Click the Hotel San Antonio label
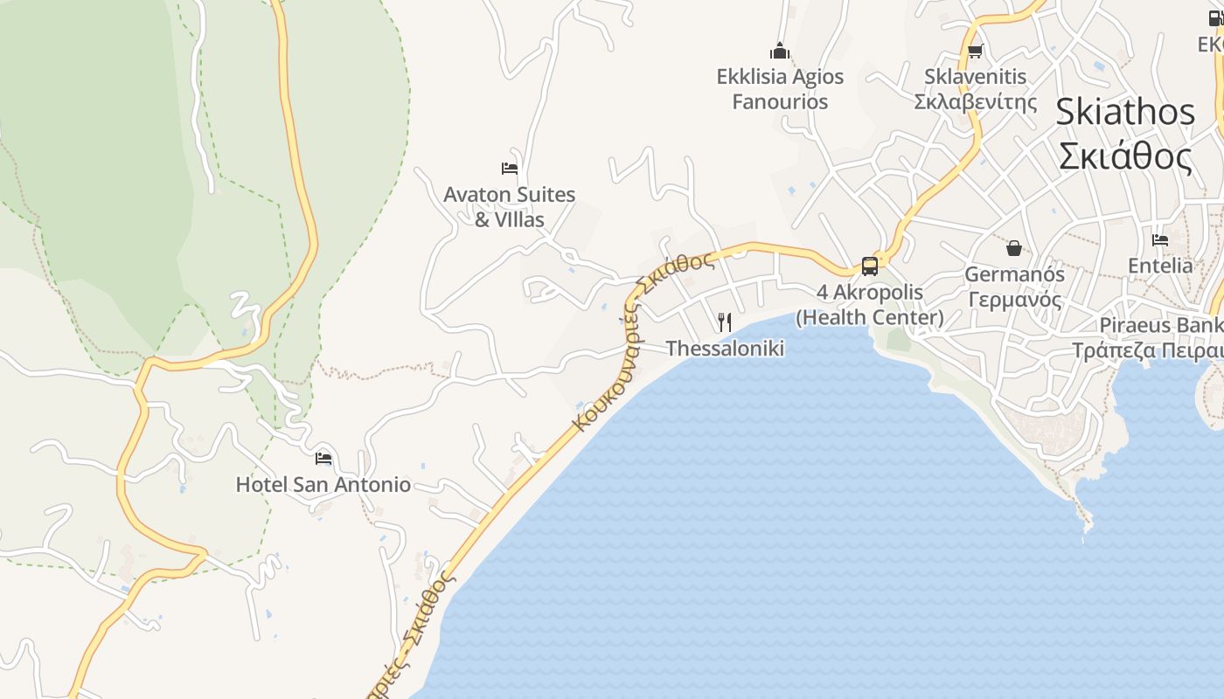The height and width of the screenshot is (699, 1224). pyautogui.click(x=323, y=484)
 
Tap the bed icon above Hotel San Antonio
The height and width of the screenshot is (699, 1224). pyautogui.click(x=323, y=458)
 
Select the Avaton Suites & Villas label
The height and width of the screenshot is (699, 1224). pyautogui.click(x=509, y=207)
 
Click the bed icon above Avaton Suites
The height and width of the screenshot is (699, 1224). pyautogui.click(x=510, y=168)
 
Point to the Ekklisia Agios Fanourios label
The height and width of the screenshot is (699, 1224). pyautogui.click(x=780, y=89)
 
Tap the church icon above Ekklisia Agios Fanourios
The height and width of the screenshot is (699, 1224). pyautogui.click(x=780, y=51)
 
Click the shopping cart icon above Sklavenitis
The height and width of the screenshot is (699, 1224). pyautogui.click(x=976, y=51)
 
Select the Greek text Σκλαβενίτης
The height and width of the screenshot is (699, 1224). pyautogui.click(x=976, y=102)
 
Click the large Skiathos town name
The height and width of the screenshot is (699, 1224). pyautogui.click(x=1125, y=112)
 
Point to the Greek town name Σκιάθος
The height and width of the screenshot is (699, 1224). pyautogui.click(x=1125, y=157)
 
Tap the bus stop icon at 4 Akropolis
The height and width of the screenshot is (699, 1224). pyautogui.click(x=870, y=266)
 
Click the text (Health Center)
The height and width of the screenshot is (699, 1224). pyautogui.click(x=870, y=317)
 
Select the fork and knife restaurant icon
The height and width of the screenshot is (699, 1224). pyautogui.click(x=725, y=322)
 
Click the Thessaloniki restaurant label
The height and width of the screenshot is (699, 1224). pyautogui.click(x=725, y=349)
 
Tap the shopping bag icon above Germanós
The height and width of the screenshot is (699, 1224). pyautogui.click(x=1014, y=249)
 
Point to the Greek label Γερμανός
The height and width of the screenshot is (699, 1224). pyautogui.click(x=1014, y=301)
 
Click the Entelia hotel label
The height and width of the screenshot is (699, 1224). pyautogui.click(x=1160, y=266)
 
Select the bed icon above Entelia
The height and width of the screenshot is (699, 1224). pyautogui.click(x=1160, y=239)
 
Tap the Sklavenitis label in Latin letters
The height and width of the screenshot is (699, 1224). pyautogui.click(x=976, y=77)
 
